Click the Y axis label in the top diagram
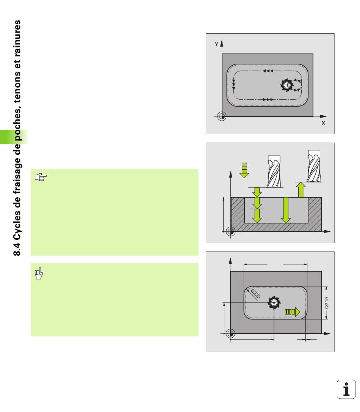click(216, 44)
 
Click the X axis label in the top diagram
click(323, 123)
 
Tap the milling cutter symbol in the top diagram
click(287, 85)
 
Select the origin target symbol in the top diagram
click(222, 116)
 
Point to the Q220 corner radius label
click(255, 294)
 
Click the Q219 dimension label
click(326, 303)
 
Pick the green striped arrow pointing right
click(292, 312)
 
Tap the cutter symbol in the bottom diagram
click(274, 303)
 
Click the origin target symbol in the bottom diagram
click(230, 333)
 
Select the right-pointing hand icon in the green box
click(41, 177)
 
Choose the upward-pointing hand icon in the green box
click(39, 273)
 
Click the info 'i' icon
click(346, 389)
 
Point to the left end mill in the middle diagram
click(274, 171)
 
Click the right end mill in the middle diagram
click(314, 166)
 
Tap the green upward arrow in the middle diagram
click(301, 189)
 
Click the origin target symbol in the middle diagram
click(231, 231)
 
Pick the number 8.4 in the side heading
click(17, 249)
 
